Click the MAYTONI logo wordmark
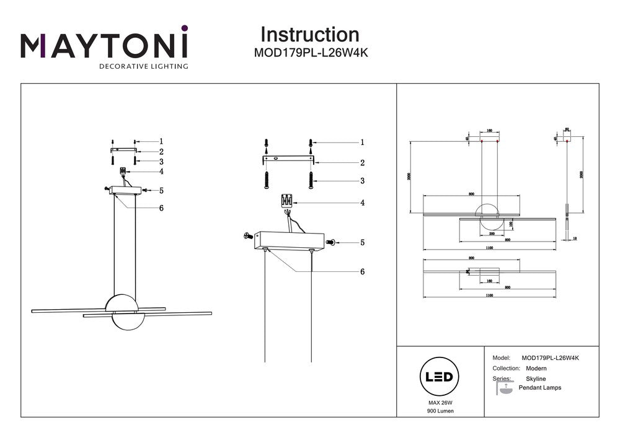coord(104,45)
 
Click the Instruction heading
coord(309,35)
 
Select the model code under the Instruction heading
coord(311,53)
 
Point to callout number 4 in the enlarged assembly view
coord(362,203)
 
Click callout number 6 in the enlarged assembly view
coord(362,271)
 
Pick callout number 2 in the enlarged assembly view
coord(362,163)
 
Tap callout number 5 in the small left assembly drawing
coord(161,191)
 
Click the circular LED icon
coord(440,377)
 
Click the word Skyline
coord(536,378)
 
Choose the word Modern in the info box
coord(536,368)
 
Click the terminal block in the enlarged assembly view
coord(287,201)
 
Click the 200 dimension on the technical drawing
coord(492,234)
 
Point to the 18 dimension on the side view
coord(575,238)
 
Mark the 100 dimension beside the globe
coord(510,224)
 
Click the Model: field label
coord(501,358)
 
